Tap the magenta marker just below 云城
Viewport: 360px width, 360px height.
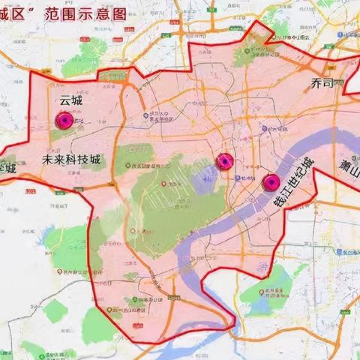(x=64, y=120)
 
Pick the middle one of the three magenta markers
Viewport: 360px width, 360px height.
(x=223, y=161)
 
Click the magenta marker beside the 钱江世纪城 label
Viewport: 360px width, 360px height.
(x=271, y=181)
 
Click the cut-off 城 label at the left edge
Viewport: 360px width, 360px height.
(x=7, y=169)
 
